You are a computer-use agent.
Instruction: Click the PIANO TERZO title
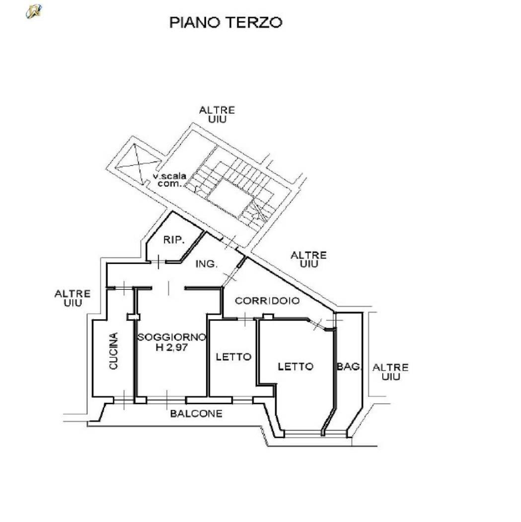pos(226,22)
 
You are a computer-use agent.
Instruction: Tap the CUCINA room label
pos(114,351)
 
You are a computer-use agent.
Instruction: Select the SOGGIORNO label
pos(172,337)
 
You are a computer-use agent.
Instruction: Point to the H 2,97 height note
pos(172,348)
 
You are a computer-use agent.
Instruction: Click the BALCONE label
pos(196,414)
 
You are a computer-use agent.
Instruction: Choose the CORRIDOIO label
pos(267,301)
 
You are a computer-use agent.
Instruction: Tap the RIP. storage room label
pos(173,240)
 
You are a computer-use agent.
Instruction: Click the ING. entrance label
pos(207,264)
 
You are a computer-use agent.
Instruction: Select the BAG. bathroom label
pos(349,366)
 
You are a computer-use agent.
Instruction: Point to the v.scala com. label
pos(169,180)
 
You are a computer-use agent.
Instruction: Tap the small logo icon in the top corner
pos(34,11)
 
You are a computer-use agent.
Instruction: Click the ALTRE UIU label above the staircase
pos(217,114)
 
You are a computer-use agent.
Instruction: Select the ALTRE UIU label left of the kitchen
pos(73,298)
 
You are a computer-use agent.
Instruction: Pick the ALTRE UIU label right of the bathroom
pos(390,372)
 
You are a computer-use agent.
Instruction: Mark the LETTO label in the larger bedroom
pos(296,366)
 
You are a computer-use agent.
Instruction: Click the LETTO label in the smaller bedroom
pos(233,357)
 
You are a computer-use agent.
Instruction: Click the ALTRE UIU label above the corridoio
pos(308,260)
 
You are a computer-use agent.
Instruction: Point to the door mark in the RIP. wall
pos(158,261)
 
